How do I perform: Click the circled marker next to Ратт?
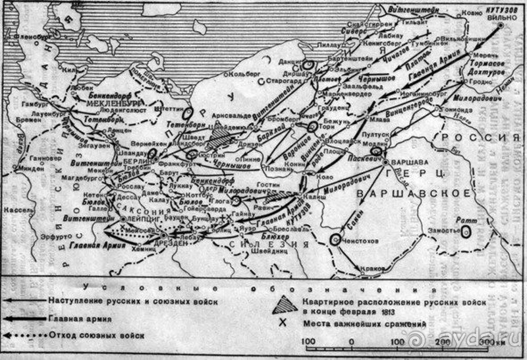466,232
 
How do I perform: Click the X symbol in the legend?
283,323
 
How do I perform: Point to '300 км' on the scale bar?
491,341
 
